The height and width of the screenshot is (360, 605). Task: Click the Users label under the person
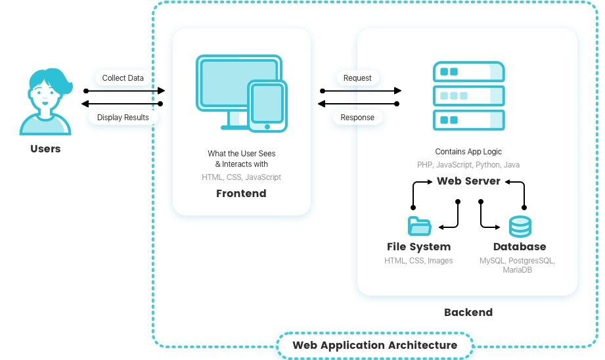[x=45, y=149]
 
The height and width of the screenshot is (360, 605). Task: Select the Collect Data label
[x=123, y=78]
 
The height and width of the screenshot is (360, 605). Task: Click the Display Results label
[x=123, y=118]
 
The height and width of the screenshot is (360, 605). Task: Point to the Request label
[x=357, y=78]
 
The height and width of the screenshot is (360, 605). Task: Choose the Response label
[x=357, y=118]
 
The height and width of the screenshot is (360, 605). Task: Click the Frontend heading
[x=241, y=194]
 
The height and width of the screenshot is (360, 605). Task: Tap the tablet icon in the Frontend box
[x=267, y=106]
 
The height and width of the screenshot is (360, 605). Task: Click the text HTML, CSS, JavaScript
[x=241, y=177]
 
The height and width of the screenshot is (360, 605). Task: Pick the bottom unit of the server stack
[x=468, y=120]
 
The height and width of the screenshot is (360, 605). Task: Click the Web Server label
[x=468, y=181]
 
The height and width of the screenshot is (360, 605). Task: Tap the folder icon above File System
[x=418, y=226]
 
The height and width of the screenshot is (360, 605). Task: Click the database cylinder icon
[x=520, y=226]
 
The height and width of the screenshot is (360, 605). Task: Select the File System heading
[x=418, y=247]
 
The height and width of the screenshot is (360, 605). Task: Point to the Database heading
[x=520, y=247]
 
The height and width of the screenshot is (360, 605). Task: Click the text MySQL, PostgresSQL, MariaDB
[x=517, y=265]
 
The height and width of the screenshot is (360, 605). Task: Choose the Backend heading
[x=468, y=312]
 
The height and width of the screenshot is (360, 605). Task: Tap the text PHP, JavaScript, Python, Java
[x=468, y=165]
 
